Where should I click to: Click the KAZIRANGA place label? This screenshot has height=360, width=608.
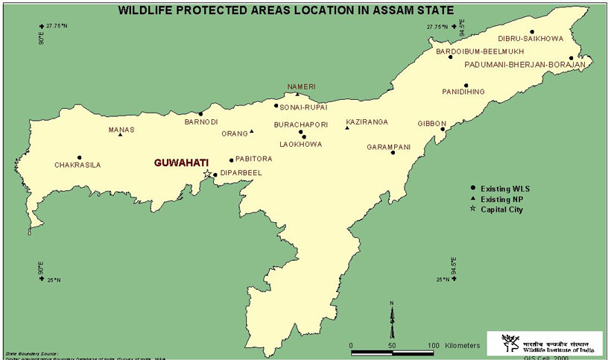[x=367, y=121]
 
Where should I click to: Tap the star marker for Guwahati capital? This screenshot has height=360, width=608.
[x=208, y=174]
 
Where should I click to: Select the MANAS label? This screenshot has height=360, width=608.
[x=121, y=130]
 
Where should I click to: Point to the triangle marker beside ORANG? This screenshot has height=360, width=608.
[x=252, y=132]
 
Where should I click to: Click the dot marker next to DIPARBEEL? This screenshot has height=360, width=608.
[x=215, y=176]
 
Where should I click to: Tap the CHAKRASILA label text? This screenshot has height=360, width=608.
[x=77, y=165]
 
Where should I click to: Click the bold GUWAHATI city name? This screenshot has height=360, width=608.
[x=181, y=162]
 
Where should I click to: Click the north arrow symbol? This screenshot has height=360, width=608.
[x=392, y=320]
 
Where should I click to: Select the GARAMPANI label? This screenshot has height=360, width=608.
[x=388, y=147]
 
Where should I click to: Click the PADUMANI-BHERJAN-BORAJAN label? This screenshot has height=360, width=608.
[x=525, y=65]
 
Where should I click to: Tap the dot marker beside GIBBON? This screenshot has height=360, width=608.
[x=443, y=128]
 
